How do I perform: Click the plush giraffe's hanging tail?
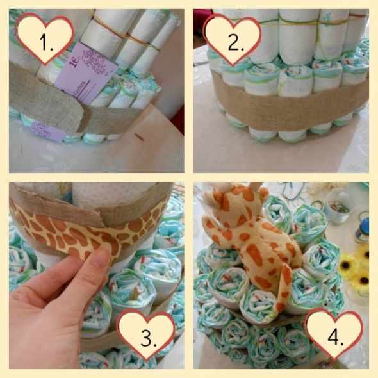tap(286, 282)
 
